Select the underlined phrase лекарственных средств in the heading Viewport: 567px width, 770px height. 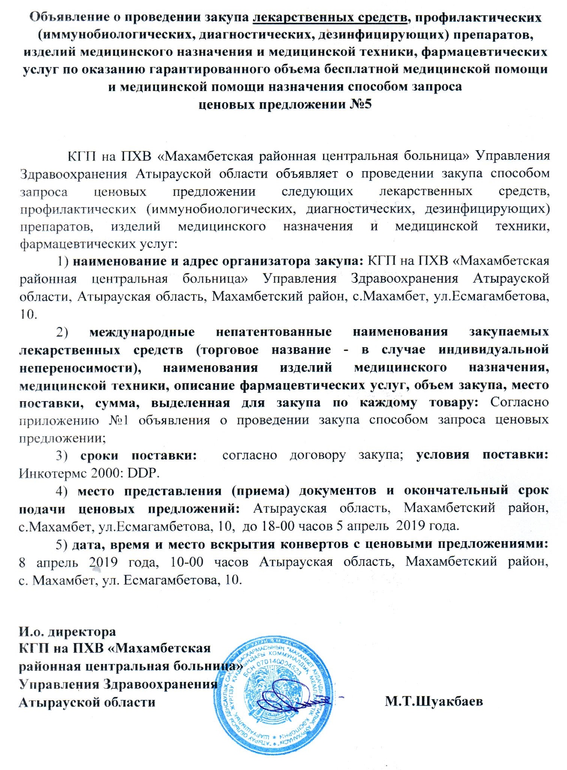[330, 18]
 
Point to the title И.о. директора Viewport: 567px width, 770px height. [67, 632]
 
